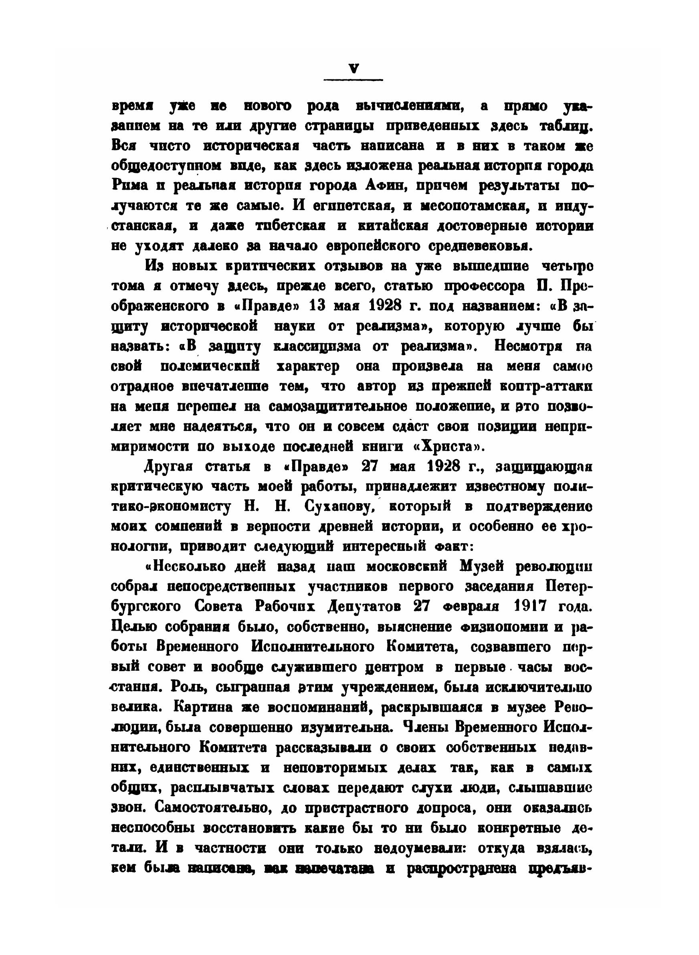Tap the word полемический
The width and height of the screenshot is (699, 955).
pyautogui.click(x=210, y=366)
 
